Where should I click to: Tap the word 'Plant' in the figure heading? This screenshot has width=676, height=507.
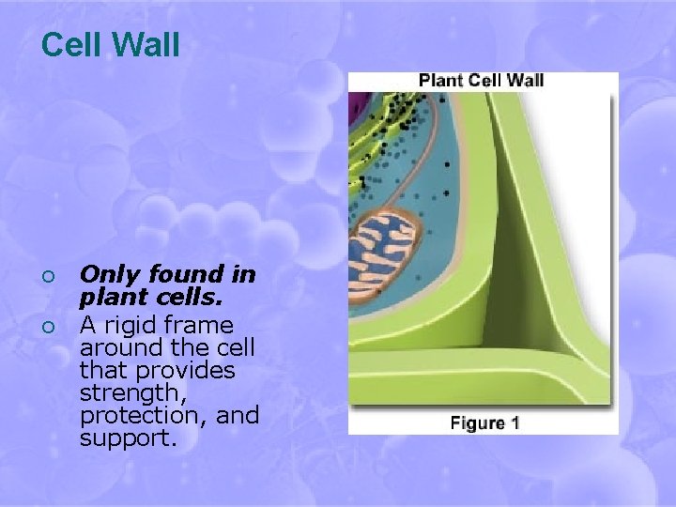tap(440, 80)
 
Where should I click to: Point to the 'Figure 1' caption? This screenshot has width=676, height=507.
tap(484, 422)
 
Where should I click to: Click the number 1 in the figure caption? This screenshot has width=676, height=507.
tap(514, 422)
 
